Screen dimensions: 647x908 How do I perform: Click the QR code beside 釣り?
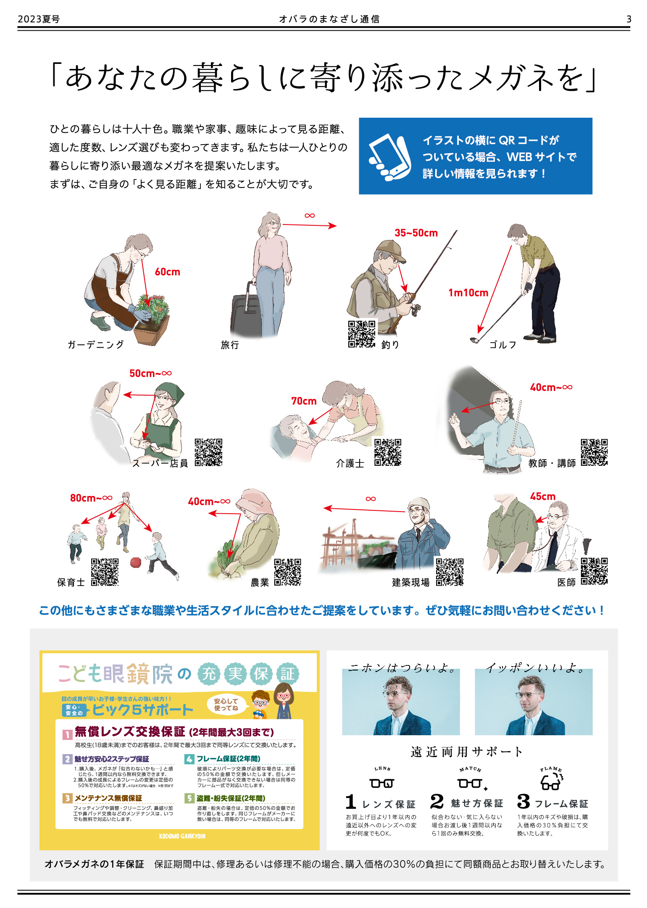362,334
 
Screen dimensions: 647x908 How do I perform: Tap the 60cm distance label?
167,272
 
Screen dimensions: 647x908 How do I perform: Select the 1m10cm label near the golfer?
468,293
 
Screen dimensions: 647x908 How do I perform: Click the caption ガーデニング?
96,345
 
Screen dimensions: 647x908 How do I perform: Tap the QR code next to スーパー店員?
208,452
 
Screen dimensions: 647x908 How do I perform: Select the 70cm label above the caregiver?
304,401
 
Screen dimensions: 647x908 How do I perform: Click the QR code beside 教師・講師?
594,452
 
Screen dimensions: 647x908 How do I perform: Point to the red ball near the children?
136,562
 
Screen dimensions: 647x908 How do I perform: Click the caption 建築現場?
411,582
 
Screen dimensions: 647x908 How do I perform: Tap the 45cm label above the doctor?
542,496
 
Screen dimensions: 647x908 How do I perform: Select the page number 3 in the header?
629,19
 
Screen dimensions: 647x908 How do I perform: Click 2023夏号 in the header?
39,19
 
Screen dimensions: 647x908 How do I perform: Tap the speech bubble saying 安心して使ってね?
226,705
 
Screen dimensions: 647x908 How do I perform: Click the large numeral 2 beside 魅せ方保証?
437,801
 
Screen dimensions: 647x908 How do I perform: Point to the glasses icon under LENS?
382,783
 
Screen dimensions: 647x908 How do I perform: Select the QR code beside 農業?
288,572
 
